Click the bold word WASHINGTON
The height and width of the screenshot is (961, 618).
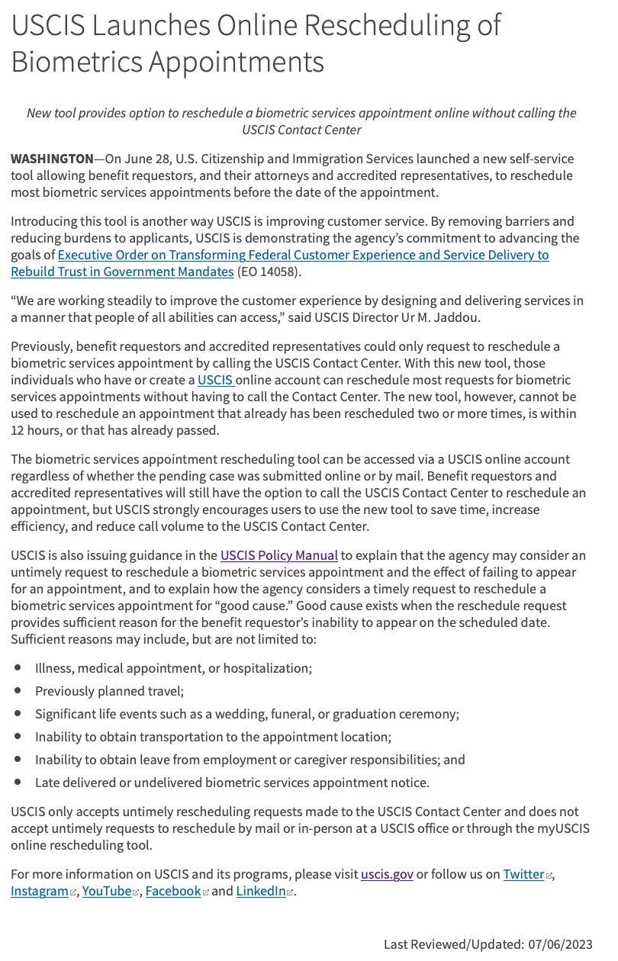(x=52, y=159)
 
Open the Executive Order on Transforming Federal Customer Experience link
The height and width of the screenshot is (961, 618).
(x=303, y=255)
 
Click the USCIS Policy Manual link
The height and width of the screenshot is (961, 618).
(x=278, y=555)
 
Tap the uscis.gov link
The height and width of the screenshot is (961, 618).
(x=387, y=874)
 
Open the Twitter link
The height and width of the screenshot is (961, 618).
(x=523, y=874)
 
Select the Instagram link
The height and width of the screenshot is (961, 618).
(x=39, y=891)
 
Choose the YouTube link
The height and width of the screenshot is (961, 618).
(x=106, y=891)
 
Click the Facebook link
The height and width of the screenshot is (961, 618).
(x=172, y=891)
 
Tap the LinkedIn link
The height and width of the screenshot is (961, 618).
(x=260, y=891)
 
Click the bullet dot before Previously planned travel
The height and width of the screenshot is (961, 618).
(x=18, y=690)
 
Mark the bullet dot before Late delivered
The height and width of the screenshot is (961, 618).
(x=18, y=782)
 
